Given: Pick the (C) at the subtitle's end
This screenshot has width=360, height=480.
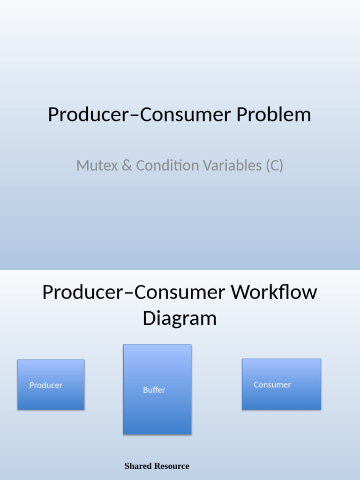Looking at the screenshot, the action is pos(274,165).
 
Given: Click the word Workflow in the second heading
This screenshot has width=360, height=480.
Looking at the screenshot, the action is pos(274,292).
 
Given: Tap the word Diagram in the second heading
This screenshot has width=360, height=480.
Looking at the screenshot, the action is pos(180,318).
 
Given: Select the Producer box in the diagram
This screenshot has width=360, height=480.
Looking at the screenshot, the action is pos(51,384).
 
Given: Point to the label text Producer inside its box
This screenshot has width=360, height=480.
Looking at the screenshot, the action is pos(46,385).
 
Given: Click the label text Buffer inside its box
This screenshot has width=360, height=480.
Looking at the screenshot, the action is pos(154,390).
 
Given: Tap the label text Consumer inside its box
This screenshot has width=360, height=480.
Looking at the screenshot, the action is pos(272,385).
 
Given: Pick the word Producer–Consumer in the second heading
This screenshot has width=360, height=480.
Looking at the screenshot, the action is pos(134,292).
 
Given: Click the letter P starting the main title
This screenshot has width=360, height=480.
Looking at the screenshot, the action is pos(53,115).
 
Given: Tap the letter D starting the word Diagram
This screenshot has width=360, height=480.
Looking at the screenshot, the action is pos(149,318).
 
